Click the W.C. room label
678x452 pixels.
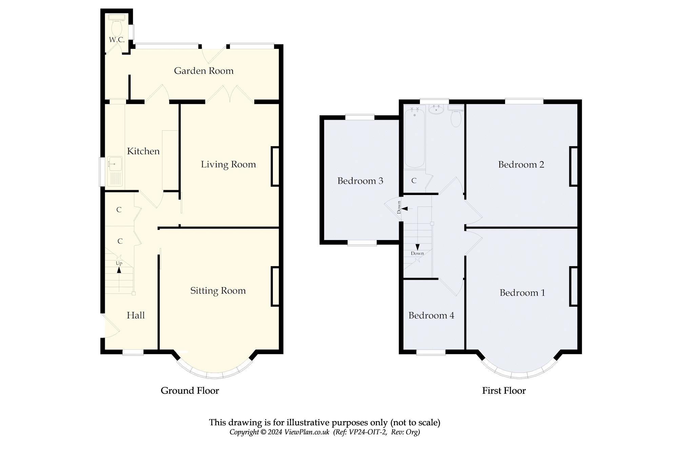click(117, 40)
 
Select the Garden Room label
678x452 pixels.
click(204, 71)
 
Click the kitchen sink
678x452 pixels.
click(115, 171)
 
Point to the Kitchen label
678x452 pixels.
click(143, 151)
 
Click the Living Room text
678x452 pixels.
click(228, 164)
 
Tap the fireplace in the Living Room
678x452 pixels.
click(275, 166)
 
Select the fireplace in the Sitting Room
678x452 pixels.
click(275, 287)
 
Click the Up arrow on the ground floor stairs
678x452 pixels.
click(119, 270)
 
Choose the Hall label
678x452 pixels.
click(136, 315)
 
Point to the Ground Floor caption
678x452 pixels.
click(190, 391)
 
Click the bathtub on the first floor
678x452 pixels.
click(415, 137)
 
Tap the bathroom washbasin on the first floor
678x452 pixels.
click(436, 109)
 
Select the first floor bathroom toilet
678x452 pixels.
click(456, 115)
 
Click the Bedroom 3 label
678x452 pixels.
click(360, 181)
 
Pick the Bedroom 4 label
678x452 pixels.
click(431, 315)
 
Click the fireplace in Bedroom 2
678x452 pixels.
click(574, 166)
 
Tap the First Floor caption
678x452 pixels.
click(504, 391)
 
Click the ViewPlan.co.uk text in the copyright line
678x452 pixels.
click(307, 432)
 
